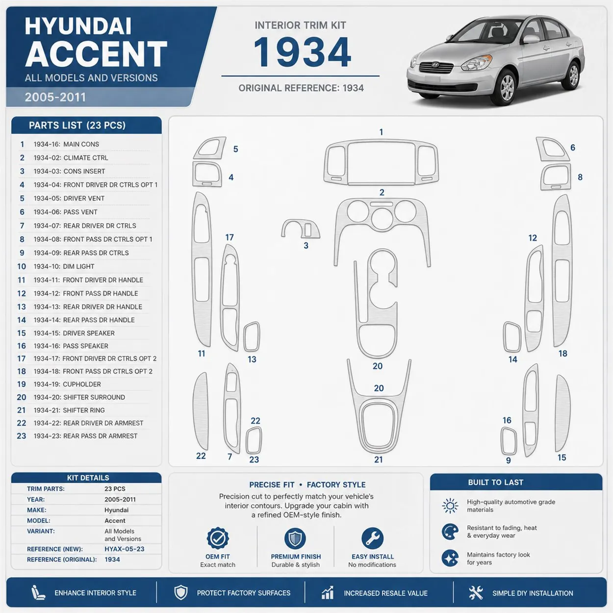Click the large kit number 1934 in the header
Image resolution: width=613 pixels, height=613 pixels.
point(302,52)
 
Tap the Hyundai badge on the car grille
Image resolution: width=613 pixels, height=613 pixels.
point(435,65)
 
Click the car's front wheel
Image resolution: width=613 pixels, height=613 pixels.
point(507,87)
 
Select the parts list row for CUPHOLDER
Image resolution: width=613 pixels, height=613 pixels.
point(82,384)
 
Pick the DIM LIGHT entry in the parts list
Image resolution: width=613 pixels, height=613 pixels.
point(78,267)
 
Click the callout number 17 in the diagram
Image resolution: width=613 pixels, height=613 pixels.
point(229,237)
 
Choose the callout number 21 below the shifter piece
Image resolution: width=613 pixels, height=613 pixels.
point(378,460)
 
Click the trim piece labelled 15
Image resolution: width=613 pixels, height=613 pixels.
point(562,413)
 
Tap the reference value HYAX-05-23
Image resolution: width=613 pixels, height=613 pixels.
point(125,549)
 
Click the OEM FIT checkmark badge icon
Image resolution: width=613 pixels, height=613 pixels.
point(218,538)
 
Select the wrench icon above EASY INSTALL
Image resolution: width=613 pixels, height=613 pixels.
point(372,538)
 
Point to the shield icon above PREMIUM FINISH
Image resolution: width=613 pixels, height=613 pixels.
point(295,538)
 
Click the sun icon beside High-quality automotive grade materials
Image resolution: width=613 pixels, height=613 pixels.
point(450,506)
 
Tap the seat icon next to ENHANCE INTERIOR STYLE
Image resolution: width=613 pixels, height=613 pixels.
point(38,592)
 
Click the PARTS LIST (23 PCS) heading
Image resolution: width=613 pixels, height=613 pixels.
point(77,126)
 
